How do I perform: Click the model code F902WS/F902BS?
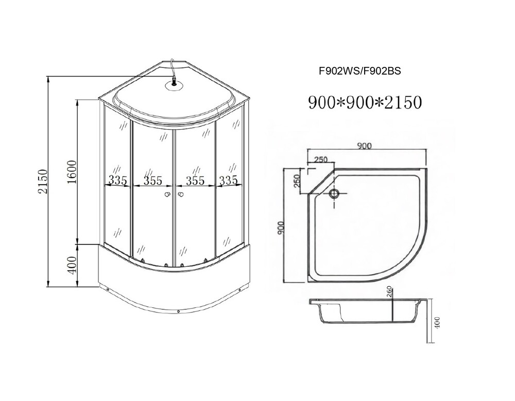[360, 71]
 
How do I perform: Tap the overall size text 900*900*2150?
[365, 102]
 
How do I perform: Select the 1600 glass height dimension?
[72, 172]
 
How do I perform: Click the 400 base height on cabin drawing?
[72, 265]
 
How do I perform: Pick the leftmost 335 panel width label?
[117, 180]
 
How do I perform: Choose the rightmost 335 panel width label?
[228, 180]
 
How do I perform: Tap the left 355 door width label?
[153, 180]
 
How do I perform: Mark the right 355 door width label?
[195, 180]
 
